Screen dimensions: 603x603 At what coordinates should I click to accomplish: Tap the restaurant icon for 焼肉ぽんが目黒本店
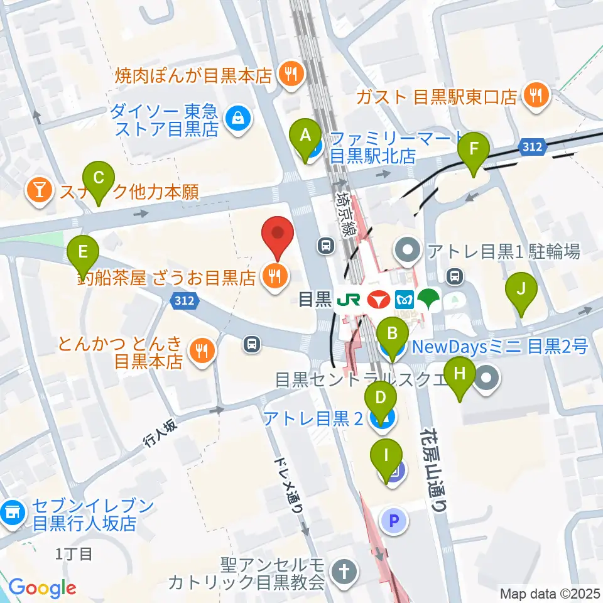[291, 75]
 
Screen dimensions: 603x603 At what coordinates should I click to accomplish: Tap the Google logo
[42, 588]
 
